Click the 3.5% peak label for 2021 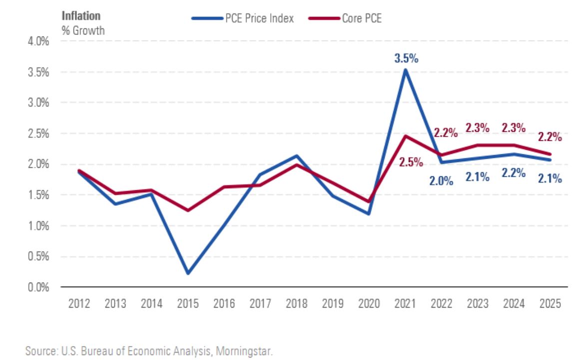click(406, 58)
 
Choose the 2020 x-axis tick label click(369, 304)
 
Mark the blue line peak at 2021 click(406, 69)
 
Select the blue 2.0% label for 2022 click(441, 180)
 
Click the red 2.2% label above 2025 click(550, 136)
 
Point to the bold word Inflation click(81, 15)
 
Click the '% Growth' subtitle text click(83, 30)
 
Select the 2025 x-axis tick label click(550, 304)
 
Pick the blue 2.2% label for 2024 click(513, 173)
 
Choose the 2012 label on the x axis click(79, 304)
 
